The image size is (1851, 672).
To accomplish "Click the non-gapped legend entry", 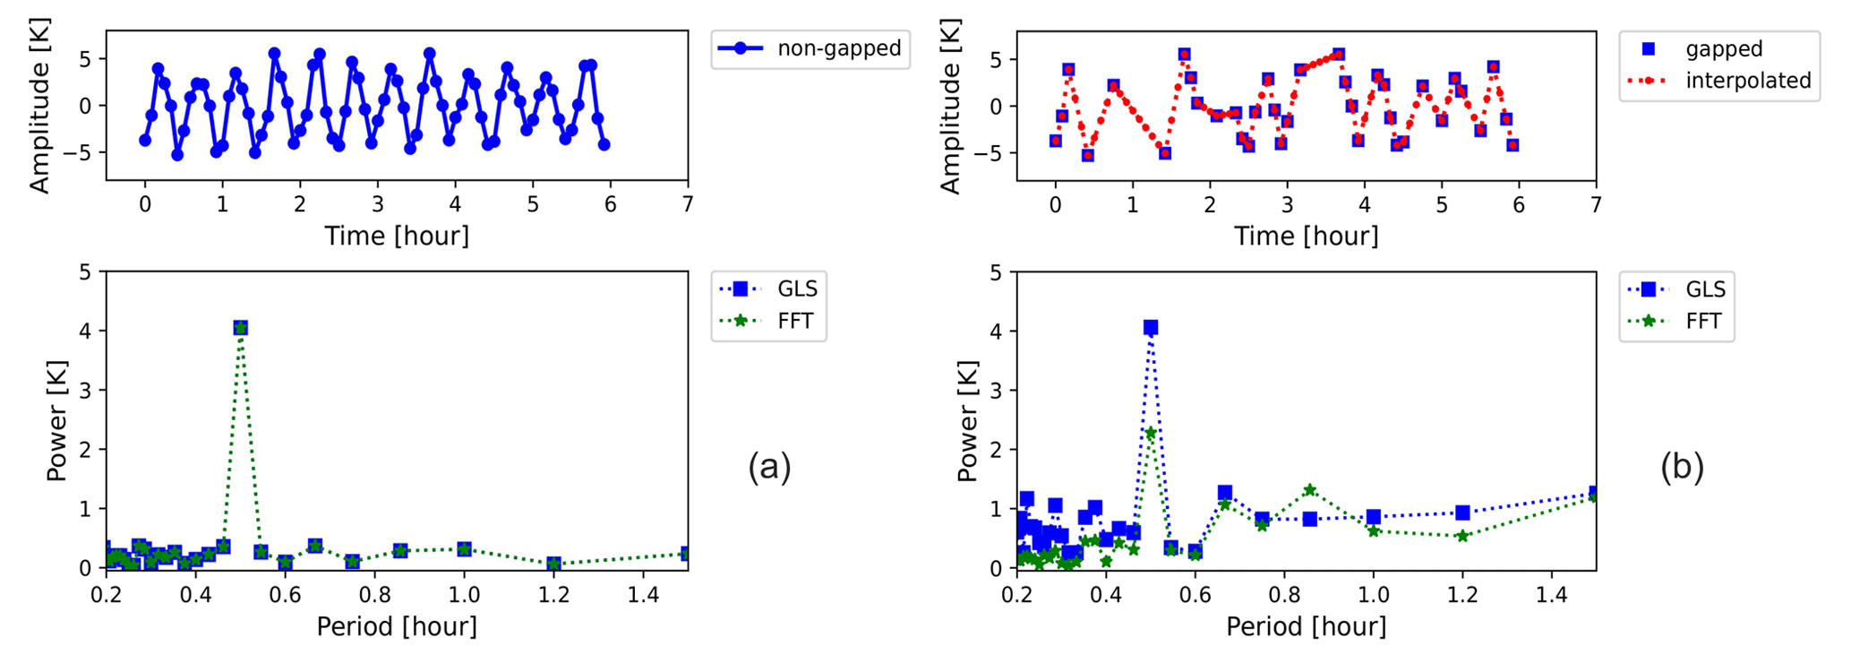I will pos(810,48).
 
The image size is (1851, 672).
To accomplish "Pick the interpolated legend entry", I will pos(1719,81).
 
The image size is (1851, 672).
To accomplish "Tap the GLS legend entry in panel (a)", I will pos(770,289).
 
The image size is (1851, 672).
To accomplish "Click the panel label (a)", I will pos(769,467).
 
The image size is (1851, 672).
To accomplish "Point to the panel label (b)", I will pos(1682,467).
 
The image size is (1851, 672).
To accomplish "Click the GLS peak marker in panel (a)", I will pos(240,328).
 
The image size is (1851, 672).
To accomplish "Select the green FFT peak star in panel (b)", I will pos(1151,434).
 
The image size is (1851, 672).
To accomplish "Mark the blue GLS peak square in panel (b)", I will pos(1151,328).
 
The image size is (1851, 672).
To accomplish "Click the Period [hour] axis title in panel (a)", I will pos(397,626).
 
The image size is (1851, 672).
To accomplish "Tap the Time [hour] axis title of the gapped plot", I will pos(1307,237).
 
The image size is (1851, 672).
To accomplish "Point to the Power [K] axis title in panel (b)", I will pos(967,420).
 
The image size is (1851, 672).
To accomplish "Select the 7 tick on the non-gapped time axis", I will pos(688,205).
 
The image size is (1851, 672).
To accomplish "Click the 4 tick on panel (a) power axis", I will pos(85,331).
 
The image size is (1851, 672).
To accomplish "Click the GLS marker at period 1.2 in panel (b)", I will pos(1463,513).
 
